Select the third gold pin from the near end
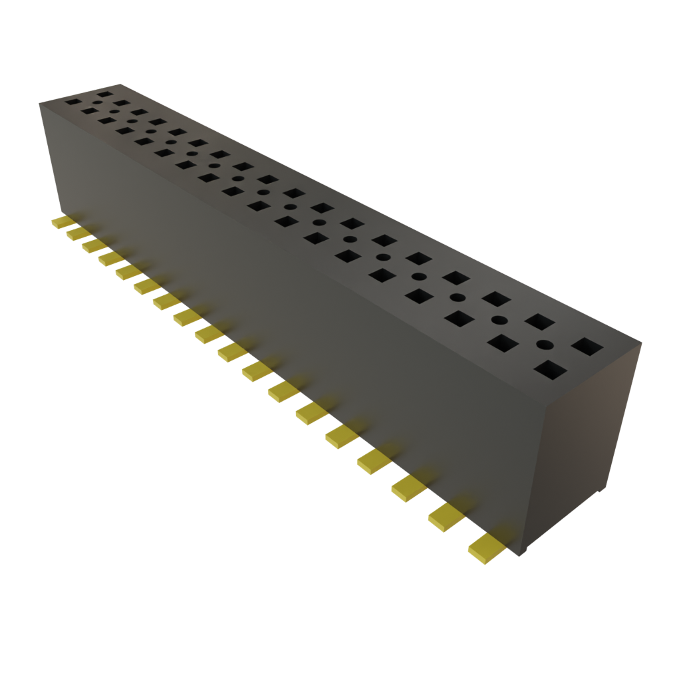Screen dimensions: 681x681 408,489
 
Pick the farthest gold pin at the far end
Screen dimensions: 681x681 61,222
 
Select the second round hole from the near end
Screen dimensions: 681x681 498,320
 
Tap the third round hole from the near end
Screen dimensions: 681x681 456,297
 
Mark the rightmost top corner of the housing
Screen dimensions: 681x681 642,343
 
